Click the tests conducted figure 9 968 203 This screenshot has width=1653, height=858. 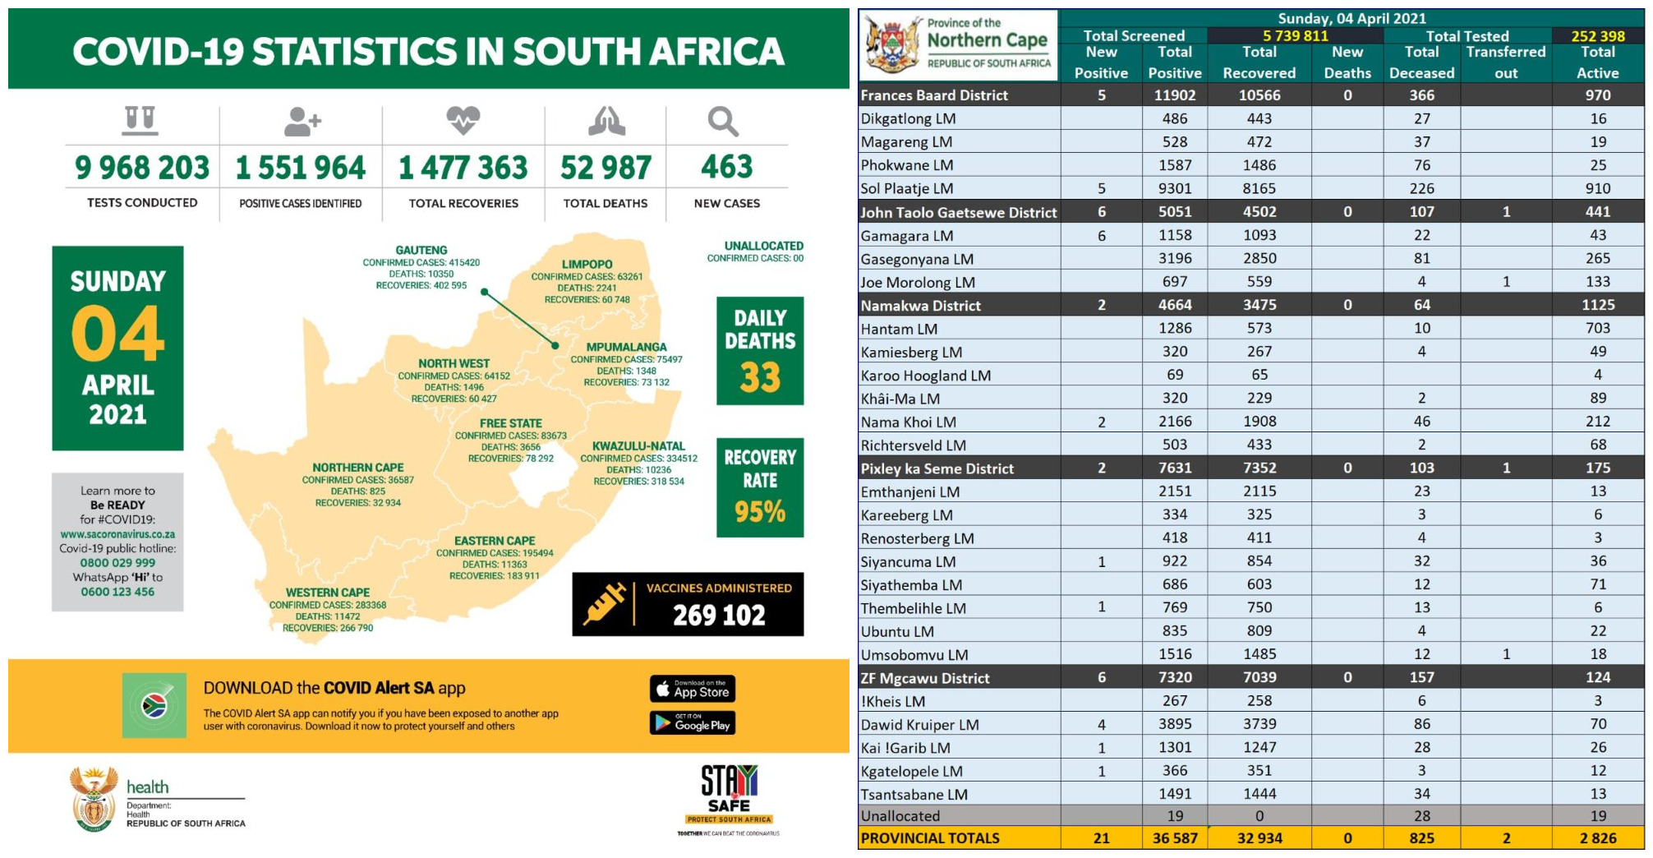click(x=142, y=168)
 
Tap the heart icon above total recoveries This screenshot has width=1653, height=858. click(x=463, y=121)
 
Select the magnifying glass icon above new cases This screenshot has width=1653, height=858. click(x=723, y=122)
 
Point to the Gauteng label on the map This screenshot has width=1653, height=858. click(x=421, y=251)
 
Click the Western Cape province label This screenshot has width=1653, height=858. click(x=328, y=593)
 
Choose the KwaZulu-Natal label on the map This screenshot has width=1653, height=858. click(x=638, y=446)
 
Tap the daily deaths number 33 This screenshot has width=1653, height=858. click(x=760, y=378)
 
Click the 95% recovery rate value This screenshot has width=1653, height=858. click(x=760, y=512)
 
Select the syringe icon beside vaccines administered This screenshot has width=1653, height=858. click(x=604, y=604)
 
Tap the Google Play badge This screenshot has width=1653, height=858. click(x=693, y=723)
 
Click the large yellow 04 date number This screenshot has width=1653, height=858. click(x=117, y=334)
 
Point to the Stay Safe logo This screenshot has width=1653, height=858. click(x=729, y=793)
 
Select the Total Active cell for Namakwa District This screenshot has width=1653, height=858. click(x=1597, y=305)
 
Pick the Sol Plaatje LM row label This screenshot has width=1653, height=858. click(x=907, y=188)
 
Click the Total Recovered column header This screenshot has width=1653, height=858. click(x=1259, y=62)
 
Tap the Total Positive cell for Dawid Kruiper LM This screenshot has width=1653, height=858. click(x=1175, y=724)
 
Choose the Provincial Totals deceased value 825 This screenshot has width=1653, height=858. click(x=1421, y=838)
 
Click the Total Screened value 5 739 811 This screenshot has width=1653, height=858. click(x=1295, y=36)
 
